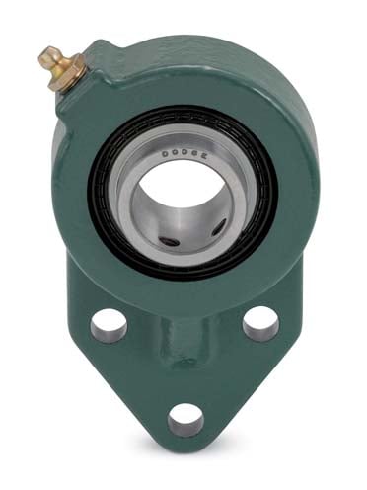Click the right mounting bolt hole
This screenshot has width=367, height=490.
pyautogui.click(x=259, y=321)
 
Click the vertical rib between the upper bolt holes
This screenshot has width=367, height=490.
pyautogui.click(x=185, y=336)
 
